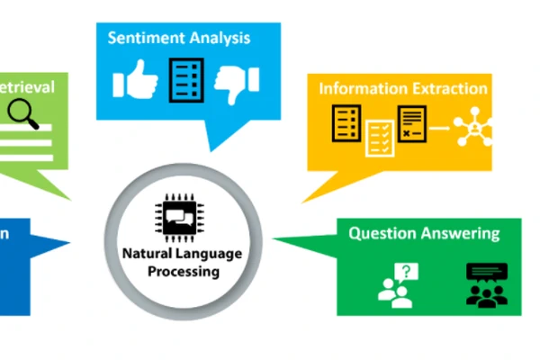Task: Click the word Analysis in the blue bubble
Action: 220,39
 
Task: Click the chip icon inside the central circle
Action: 182,217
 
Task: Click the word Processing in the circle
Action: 183,271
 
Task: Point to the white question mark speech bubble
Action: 409,271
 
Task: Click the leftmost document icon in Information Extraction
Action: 346,122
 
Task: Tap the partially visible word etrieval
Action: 27,86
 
